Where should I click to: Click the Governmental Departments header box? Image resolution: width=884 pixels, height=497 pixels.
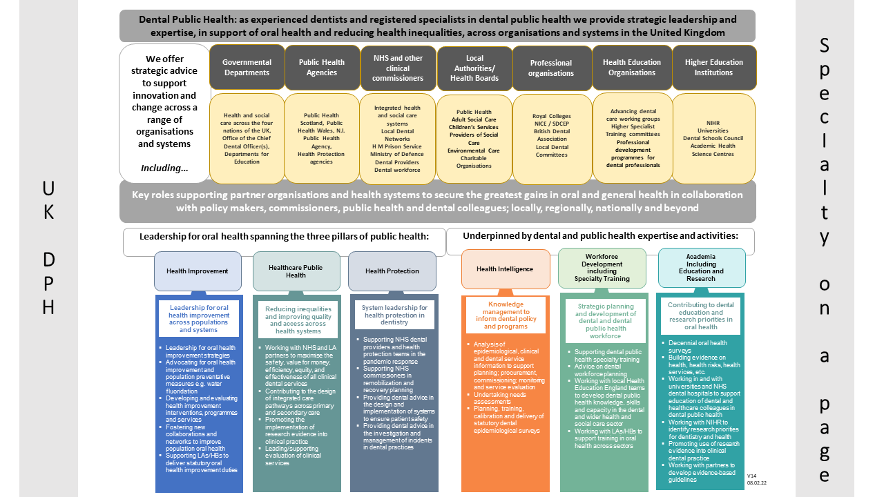coord(247,67)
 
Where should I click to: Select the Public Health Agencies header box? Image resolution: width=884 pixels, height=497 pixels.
coord(322,67)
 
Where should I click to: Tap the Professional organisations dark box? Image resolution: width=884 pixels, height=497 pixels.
coord(551,68)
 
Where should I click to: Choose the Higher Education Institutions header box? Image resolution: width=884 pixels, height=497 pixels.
coord(713,67)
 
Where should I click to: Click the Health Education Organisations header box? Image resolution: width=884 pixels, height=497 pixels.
coord(632,67)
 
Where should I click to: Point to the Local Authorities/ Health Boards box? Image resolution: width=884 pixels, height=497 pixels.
coord(474,68)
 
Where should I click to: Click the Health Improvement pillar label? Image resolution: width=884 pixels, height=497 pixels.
coord(198,271)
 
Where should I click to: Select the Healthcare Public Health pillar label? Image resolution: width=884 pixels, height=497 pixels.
coord(296,271)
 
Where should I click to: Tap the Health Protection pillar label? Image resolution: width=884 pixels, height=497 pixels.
coord(392,271)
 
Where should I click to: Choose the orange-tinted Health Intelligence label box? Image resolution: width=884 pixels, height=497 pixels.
coord(506,269)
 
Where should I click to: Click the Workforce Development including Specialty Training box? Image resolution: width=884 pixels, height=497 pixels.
coord(602,269)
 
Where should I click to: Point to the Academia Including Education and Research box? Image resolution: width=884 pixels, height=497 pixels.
coord(701,267)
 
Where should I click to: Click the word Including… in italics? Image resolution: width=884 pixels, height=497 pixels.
coord(164,168)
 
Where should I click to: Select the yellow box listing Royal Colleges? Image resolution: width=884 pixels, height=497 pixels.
coord(552,139)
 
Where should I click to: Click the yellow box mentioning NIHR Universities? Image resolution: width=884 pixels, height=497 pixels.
coord(713,139)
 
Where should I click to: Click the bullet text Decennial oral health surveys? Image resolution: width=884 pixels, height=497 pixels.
coord(698,347)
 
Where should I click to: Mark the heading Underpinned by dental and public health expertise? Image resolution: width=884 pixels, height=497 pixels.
coord(600,235)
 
